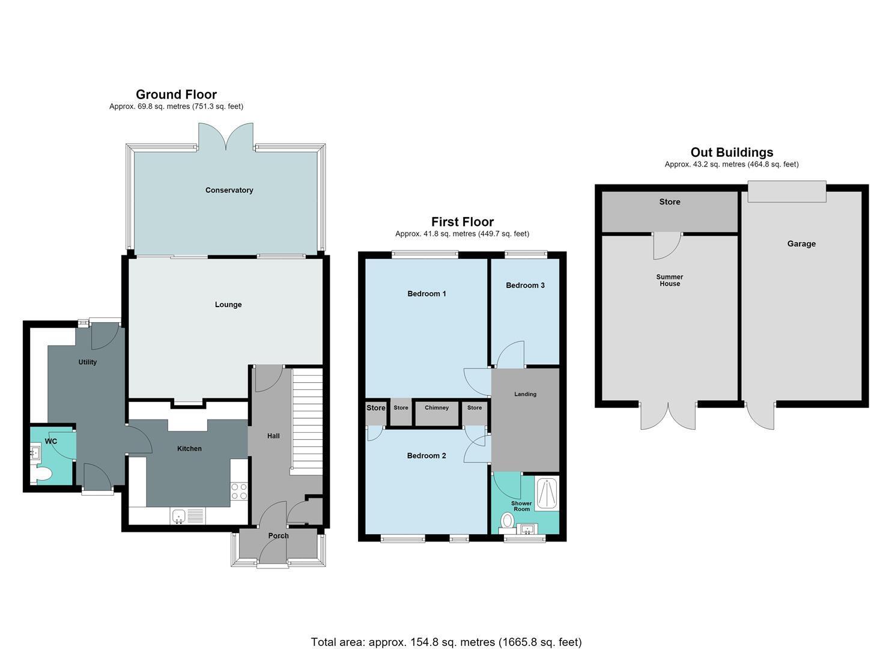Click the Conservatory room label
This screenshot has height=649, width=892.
click(229, 190)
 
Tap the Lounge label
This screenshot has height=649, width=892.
click(228, 305)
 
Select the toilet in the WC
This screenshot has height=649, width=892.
click(41, 474)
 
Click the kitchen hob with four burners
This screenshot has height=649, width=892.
click(239, 491)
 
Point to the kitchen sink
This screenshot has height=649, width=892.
click(178, 516)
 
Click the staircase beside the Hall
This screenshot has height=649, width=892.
click(307, 421)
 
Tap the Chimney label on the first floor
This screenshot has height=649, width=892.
click(437, 407)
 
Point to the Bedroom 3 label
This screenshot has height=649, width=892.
click(525, 285)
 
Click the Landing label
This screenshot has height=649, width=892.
click(525, 394)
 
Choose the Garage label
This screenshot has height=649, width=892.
click(801, 244)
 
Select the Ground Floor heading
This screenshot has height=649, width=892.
click(176, 94)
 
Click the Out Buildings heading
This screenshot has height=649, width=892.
click(732, 152)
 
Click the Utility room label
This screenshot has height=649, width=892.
click(87, 362)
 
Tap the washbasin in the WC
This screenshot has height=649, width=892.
click(35, 454)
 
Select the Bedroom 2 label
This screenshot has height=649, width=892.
click(426, 456)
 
